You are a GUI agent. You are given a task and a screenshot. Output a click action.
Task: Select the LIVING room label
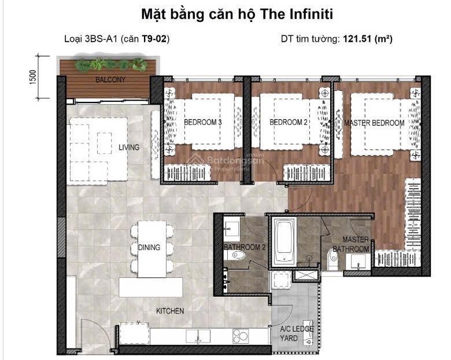[129, 148]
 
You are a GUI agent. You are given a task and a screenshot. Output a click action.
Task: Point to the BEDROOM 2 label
[289, 123]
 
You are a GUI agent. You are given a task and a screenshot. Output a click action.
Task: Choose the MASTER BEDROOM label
[374, 123]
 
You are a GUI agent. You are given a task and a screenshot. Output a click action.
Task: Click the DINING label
[149, 248]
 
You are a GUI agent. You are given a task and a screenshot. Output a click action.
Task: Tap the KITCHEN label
[170, 311]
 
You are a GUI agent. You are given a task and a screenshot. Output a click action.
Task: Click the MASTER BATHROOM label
[356, 244]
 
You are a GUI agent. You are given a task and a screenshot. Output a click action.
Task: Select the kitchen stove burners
[241, 335]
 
